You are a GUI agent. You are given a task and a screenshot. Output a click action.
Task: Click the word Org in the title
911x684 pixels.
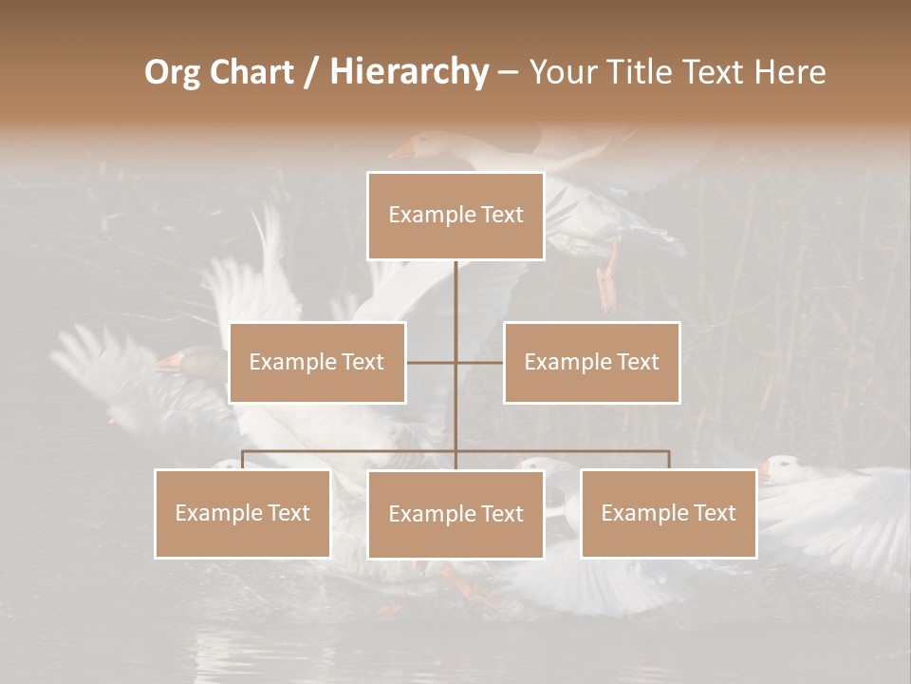(x=172, y=72)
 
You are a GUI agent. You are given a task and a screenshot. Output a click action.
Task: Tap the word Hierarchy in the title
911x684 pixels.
(x=408, y=72)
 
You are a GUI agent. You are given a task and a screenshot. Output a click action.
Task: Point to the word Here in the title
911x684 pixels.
(x=790, y=72)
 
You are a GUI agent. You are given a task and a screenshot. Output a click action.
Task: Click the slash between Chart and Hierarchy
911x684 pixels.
(x=311, y=73)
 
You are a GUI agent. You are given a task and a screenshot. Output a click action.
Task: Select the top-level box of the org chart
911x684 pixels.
(x=455, y=216)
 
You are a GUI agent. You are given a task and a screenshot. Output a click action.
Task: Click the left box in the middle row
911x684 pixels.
(x=317, y=362)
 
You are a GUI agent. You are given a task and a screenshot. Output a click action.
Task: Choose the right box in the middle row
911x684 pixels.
(x=591, y=362)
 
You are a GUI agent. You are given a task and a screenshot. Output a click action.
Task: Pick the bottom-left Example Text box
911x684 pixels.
(x=242, y=513)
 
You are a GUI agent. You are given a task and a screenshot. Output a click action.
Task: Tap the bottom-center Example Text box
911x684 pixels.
(x=455, y=514)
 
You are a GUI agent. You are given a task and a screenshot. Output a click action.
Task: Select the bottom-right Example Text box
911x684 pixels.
(x=668, y=513)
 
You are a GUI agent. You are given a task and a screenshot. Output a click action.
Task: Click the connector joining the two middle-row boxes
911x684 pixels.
(x=479, y=362)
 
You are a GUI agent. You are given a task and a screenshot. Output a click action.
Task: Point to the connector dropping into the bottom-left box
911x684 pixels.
(x=242, y=460)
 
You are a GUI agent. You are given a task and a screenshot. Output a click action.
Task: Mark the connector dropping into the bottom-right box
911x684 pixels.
(x=669, y=460)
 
